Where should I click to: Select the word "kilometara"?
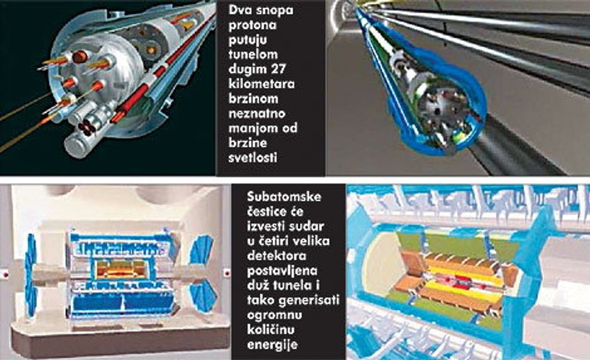(262, 83)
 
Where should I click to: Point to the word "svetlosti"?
(253, 157)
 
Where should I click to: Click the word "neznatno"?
(257, 113)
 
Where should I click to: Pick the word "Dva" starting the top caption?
(239, 10)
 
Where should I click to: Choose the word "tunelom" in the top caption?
(253, 54)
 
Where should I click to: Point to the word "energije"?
(272, 345)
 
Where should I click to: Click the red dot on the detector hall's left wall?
(6, 275)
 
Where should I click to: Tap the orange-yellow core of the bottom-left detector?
(121, 270)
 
